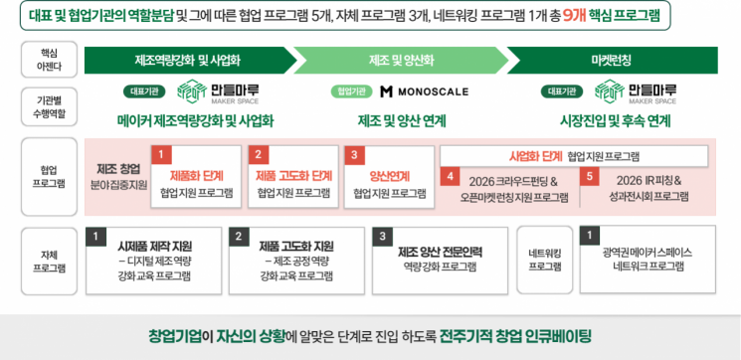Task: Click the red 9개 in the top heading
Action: [x=574, y=15]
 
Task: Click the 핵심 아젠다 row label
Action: [x=49, y=59]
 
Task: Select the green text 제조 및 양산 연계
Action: [x=402, y=120]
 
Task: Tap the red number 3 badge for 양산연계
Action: [x=353, y=155]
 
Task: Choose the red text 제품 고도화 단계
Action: [x=293, y=175]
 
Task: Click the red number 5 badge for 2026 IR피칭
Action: [x=590, y=177]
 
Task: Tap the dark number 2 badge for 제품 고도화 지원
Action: [x=240, y=237]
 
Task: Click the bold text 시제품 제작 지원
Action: [x=154, y=246]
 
